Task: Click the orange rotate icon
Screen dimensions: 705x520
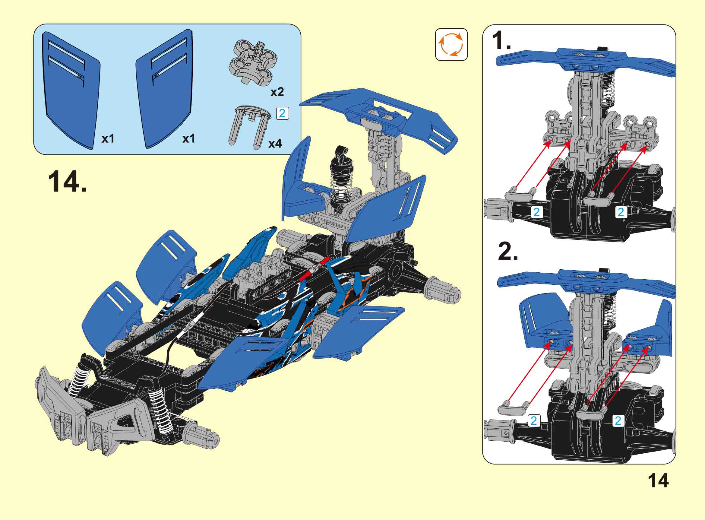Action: point(451,45)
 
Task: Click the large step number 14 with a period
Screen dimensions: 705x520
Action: point(67,182)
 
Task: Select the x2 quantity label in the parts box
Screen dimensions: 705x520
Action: point(277,92)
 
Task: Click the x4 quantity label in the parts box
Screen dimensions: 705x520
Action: point(275,144)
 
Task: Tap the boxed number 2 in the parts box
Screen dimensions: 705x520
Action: point(282,113)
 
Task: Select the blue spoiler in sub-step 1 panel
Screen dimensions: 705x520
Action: point(585,61)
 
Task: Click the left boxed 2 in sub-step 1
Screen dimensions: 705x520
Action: point(536,212)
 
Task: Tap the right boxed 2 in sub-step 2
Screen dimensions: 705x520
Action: point(618,420)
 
